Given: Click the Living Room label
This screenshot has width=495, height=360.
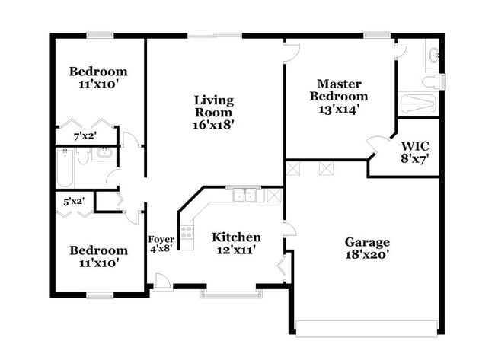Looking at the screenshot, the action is (214, 107).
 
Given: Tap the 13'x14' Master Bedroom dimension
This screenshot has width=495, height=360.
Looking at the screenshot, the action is (339, 110).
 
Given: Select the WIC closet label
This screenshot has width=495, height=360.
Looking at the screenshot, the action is (415, 146).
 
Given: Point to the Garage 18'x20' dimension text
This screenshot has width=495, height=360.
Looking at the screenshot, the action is (367, 255).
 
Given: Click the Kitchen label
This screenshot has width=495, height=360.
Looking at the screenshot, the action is (236, 237).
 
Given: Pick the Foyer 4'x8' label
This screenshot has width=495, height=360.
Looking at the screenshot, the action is (161, 244).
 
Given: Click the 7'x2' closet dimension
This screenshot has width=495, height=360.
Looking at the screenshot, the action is (85, 136).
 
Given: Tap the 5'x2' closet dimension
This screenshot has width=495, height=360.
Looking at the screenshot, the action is (74, 201).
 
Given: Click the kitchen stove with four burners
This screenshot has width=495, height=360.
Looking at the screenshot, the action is (187, 233).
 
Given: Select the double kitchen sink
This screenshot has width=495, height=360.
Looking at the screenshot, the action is (244, 196).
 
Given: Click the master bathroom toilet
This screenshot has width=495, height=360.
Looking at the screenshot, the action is (431, 81).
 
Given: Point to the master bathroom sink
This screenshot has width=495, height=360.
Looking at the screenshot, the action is (434, 56).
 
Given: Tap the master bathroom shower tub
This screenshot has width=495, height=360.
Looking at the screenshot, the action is (418, 104).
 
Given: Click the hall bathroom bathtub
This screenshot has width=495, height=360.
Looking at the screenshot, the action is (65, 168).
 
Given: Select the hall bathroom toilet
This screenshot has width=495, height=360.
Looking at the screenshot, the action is (83, 156).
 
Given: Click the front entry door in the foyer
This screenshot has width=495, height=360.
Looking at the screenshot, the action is (162, 282).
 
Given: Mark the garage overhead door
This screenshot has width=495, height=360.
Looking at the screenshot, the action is (366, 329).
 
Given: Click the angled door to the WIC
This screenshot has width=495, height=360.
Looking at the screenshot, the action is (375, 144).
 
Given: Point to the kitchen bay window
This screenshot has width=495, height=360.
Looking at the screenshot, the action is (232, 295).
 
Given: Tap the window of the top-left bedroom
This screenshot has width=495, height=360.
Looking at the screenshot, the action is (100, 35).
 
